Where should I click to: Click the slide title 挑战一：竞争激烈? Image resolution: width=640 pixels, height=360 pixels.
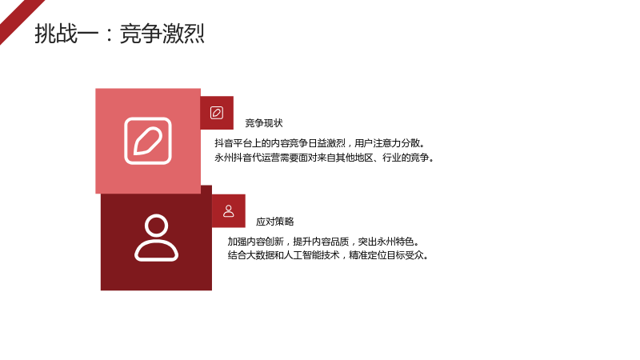pos(119,34)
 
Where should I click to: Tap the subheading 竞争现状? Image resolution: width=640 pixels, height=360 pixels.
pos(264,123)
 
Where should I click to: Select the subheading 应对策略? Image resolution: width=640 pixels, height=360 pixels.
pos(274,222)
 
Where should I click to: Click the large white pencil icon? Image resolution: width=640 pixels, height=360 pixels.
pos(148,141)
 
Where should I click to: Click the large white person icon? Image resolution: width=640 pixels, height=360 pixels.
pos(156,238)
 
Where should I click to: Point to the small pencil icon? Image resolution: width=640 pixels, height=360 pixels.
pos(217,113)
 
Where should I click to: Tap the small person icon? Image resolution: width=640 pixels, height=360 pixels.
pos(229,211)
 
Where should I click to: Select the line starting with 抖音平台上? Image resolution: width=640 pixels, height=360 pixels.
pos(321,143)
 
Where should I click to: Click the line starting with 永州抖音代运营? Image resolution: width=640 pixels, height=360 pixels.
pos(325,158)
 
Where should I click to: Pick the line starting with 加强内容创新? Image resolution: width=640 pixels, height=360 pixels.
pos(324,242)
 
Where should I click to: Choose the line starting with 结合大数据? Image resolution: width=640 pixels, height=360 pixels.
pos(329,255)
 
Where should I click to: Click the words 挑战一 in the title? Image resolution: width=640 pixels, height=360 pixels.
pos(66,34)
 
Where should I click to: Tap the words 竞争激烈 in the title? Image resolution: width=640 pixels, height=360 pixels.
pos(162,34)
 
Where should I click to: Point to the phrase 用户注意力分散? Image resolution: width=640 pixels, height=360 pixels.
pos(387,143)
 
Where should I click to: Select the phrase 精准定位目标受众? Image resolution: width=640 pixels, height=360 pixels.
pos(386,255)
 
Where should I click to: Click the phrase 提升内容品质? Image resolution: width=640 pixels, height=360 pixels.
pos(321,242)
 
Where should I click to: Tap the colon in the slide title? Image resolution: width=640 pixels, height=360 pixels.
pos(109,34)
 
